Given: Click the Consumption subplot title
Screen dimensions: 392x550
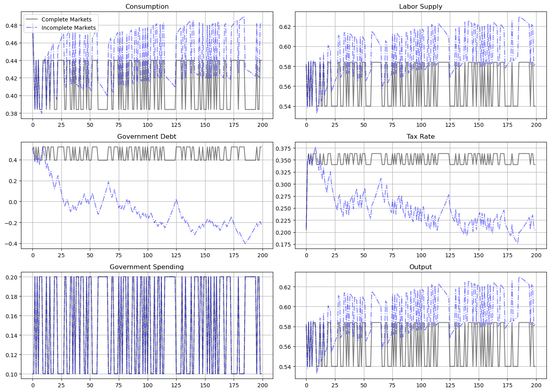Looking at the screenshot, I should (x=147, y=7).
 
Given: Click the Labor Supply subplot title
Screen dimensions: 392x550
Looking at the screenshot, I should (x=421, y=7).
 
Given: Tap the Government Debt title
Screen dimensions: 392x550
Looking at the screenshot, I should (x=147, y=137).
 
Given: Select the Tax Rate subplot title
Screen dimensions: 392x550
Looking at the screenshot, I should (x=421, y=137).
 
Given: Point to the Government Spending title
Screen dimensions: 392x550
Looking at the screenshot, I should (x=147, y=267).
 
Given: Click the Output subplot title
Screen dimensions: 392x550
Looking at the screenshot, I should (x=421, y=267).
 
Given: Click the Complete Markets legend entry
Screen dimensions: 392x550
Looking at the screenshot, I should (x=67, y=19).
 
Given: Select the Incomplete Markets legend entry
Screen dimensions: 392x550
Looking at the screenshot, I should (x=69, y=28).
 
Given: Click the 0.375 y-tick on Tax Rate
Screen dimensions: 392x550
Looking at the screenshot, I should (x=284, y=149).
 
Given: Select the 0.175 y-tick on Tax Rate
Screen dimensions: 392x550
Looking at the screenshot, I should (x=284, y=245).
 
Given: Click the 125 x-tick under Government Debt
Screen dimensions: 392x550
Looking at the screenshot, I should (x=176, y=256).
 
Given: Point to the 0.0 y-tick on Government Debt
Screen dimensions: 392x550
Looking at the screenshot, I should (x=13, y=202).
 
